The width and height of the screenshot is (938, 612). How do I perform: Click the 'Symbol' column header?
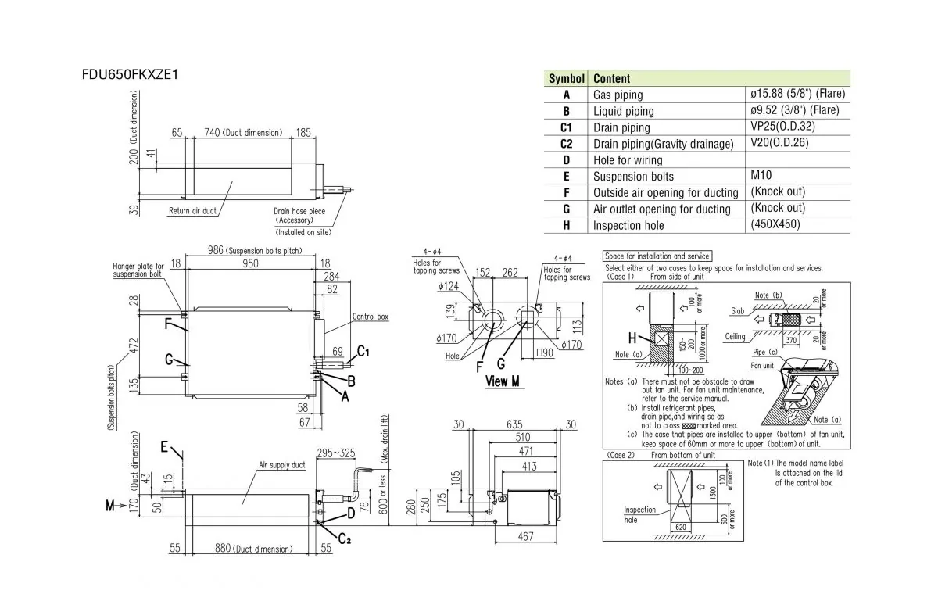click(566, 79)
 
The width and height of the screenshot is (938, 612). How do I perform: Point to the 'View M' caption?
click(502, 381)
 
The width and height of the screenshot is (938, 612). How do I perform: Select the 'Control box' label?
click(370, 317)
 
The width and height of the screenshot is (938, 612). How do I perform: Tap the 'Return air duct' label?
click(192, 211)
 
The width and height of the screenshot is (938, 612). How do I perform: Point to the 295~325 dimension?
click(336, 453)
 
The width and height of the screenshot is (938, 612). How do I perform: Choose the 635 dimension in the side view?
click(515, 424)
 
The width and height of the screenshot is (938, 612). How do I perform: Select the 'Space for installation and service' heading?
click(657, 256)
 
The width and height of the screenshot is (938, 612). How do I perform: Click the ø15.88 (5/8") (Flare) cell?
click(797, 94)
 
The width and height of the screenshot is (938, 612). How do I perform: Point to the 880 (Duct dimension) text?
click(253, 549)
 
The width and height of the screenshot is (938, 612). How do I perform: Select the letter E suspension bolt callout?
click(164, 446)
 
